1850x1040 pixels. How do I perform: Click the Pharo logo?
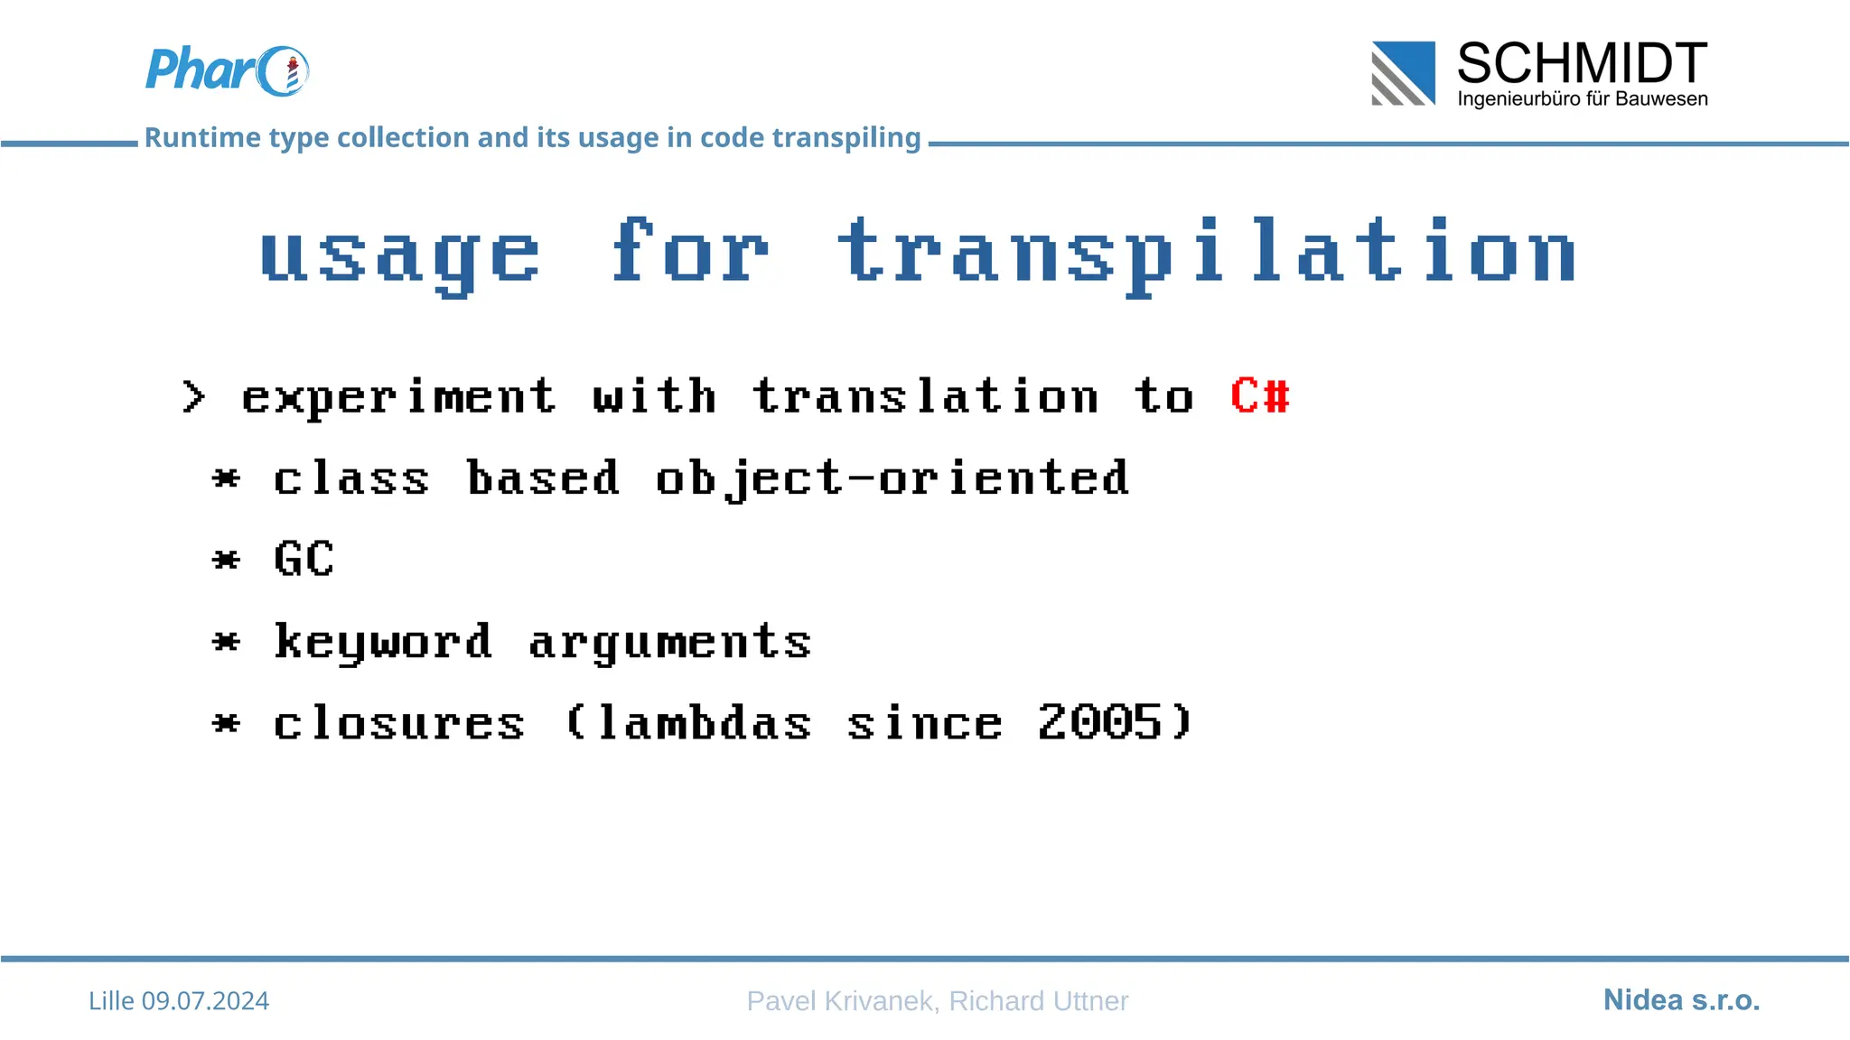tap(226, 70)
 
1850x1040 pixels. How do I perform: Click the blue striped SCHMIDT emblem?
tap(1403, 73)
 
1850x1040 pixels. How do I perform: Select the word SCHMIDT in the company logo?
tap(1582, 64)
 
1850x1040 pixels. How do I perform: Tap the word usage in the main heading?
tap(400, 255)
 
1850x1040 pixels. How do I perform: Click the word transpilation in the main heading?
tap(1207, 255)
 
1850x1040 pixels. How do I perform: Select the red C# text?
tap(1260, 396)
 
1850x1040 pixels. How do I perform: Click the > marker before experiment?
tap(193, 397)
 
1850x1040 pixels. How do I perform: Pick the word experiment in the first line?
tap(398, 398)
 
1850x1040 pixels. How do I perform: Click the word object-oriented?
tap(892, 478)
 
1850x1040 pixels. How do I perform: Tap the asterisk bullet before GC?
tap(226, 560)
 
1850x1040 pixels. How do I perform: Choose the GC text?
tap(304, 559)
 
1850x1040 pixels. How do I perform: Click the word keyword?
tap(383, 643)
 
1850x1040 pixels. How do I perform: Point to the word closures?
tap(398, 724)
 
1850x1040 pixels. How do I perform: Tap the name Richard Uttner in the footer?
tap(1038, 1001)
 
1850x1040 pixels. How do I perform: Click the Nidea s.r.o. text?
tap(1681, 1000)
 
